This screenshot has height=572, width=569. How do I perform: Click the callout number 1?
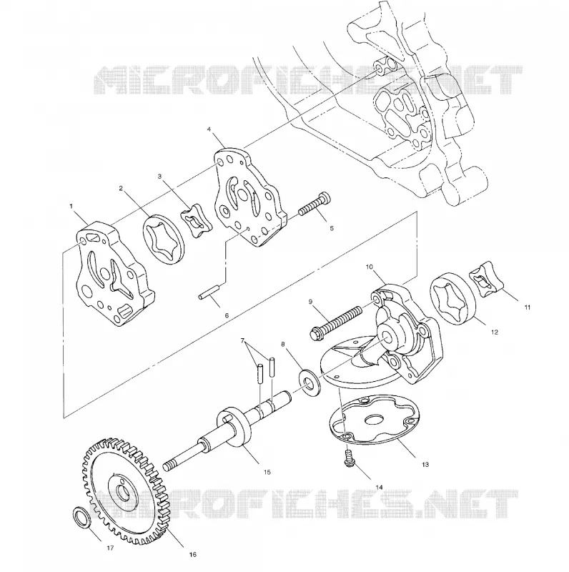coord(71,207)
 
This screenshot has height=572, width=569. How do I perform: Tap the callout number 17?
coord(110,548)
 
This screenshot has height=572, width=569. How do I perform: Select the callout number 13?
coord(425,465)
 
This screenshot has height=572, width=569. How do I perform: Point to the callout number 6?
coord(227,315)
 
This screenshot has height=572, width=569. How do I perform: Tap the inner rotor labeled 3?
coord(197,221)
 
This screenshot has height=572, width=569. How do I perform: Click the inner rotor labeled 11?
coord(486,280)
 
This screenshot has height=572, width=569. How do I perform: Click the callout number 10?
coord(369,267)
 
